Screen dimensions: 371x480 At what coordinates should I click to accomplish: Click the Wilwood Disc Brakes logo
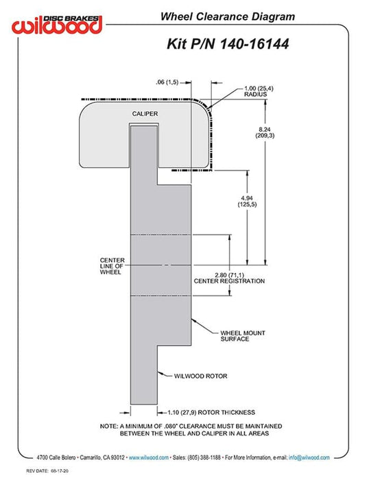point(57,25)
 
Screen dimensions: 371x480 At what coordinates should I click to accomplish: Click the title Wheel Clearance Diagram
point(228,16)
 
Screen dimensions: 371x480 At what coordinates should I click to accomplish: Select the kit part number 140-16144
point(254,44)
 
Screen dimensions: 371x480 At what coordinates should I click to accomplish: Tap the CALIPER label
point(145,114)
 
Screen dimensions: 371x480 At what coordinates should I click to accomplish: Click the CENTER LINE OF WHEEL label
point(112,266)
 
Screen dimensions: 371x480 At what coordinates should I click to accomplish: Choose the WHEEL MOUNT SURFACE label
point(243,336)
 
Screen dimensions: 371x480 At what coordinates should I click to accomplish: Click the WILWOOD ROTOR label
point(201,376)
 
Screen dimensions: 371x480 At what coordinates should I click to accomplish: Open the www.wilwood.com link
point(149,457)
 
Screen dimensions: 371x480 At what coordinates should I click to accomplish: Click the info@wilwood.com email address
point(309,457)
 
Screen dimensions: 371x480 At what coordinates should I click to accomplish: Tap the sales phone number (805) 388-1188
point(204,457)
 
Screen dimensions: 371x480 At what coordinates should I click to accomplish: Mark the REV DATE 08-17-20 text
point(47,471)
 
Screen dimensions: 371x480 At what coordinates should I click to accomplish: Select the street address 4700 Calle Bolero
point(56,457)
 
